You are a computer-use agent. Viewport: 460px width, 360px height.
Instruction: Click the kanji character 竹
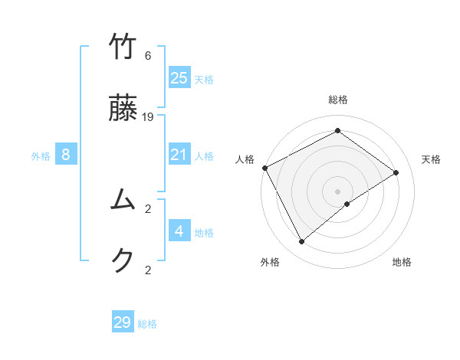click(123, 47)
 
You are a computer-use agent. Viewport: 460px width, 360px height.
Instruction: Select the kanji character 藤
click(123, 110)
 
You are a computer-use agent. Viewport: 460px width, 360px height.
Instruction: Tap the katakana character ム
click(123, 201)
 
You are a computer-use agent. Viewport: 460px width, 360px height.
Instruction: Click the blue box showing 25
click(179, 77)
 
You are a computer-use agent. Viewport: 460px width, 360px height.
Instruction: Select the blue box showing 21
click(179, 155)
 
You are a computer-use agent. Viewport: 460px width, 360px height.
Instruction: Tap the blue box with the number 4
click(179, 231)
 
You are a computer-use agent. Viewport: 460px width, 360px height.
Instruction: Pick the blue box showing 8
click(66, 155)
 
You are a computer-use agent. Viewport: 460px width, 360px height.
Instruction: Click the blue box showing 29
click(123, 322)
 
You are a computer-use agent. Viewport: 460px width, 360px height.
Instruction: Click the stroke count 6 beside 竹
click(148, 55)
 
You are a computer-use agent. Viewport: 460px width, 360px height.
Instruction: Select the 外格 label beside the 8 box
click(41, 156)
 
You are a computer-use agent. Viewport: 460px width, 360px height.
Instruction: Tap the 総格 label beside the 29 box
click(147, 324)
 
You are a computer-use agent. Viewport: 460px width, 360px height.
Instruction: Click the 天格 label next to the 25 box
click(204, 79)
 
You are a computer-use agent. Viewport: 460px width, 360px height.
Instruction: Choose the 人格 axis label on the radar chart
click(245, 159)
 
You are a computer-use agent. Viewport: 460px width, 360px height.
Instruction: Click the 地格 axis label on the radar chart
click(402, 262)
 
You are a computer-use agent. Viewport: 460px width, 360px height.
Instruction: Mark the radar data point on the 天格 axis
click(396, 172)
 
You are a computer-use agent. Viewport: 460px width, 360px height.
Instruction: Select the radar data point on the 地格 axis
click(347, 204)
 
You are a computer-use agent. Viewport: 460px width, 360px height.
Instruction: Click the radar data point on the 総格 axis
click(337, 131)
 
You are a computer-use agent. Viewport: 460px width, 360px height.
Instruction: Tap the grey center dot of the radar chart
click(337, 190)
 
